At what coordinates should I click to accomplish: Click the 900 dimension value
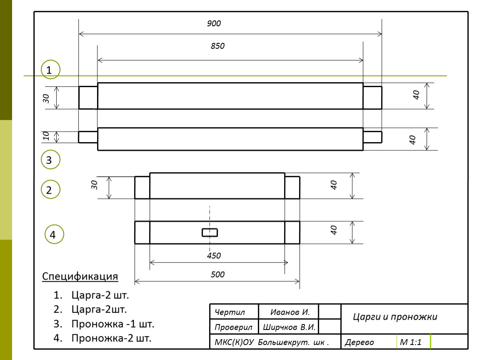click(x=214, y=23)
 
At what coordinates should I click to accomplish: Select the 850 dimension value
click(x=217, y=46)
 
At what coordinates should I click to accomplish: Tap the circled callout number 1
click(x=51, y=70)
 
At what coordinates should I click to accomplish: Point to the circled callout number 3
click(x=51, y=160)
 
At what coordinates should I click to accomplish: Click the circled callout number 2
click(x=51, y=190)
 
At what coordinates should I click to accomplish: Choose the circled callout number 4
click(x=55, y=235)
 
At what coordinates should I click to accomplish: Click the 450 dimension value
click(x=214, y=256)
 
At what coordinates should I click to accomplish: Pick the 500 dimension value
click(x=217, y=275)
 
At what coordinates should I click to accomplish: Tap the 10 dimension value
click(x=46, y=136)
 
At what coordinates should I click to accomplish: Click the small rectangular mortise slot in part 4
click(x=210, y=232)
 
